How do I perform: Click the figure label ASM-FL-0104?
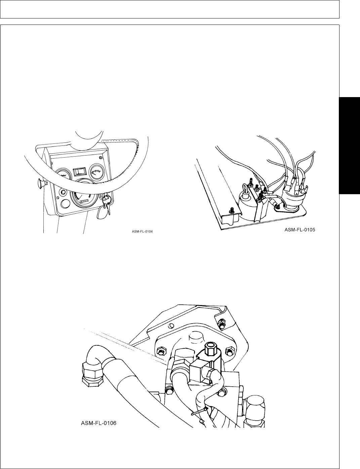[x=142, y=231]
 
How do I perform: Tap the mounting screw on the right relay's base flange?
[x=277, y=210]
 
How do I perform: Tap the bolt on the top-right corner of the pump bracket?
[x=222, y=324]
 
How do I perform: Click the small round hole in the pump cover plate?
[x=171, y=325]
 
